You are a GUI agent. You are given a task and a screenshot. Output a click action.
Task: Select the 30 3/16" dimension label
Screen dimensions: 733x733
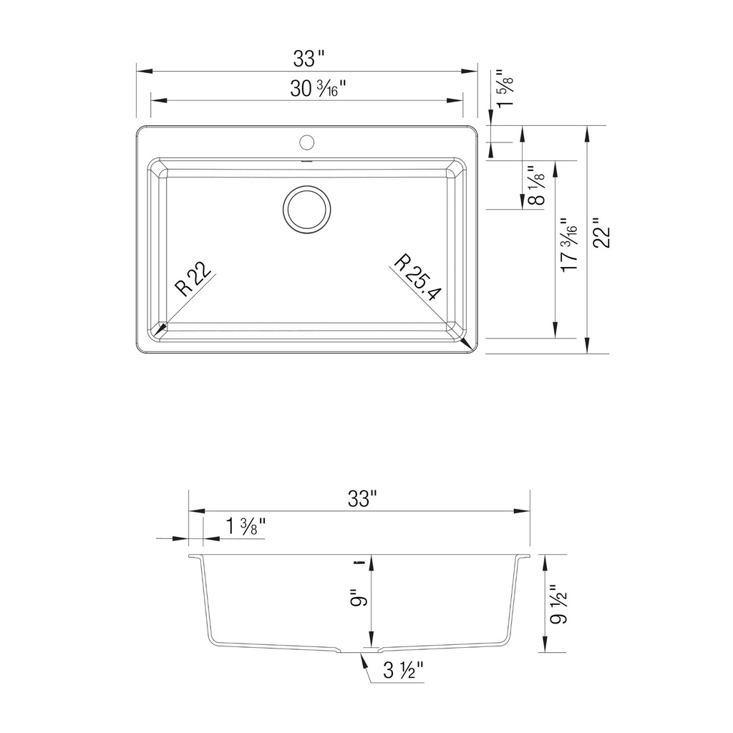[x=318, y=88]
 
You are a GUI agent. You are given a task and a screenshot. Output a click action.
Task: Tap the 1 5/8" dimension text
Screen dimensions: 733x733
[x=505, y=88]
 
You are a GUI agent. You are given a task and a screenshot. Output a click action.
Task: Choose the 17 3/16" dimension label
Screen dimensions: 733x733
[x=569, y=244]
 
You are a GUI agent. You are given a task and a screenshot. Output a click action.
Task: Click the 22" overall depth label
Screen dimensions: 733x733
[x=601, y=233]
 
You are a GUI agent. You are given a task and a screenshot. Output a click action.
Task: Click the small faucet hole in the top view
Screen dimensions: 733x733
[x=306, y=142]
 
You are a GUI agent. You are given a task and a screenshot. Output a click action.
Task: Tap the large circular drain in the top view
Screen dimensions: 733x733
[x=306, y=210]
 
